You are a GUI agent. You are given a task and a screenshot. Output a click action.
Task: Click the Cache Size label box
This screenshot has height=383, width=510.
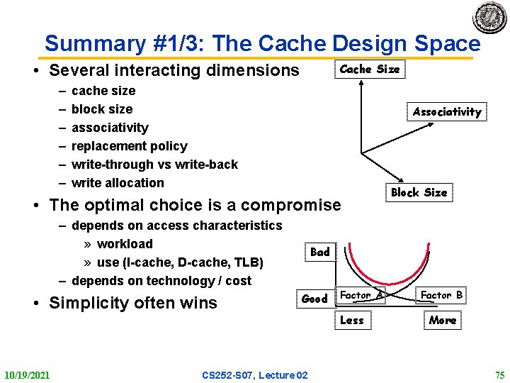[x=369, y=70]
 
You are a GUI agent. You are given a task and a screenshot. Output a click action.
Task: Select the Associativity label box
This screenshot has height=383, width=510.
[x=446, y=111]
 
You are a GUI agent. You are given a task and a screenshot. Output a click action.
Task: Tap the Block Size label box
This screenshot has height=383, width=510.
[x=419, y=192]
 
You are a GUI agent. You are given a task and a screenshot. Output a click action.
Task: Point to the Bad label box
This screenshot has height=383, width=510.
[x=320, y=252]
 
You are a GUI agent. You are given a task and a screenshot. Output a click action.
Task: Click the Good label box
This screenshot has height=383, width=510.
[x=314, y=299]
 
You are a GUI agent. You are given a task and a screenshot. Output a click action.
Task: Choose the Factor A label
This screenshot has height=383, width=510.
[x=361, y=295]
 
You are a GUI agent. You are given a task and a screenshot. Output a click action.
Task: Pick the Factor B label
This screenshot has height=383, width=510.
[x=441, y=295]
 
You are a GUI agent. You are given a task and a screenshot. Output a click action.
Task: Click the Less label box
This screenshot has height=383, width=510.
[x=351, y=320]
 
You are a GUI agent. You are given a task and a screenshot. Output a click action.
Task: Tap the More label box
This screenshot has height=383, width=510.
[x=442, y=320]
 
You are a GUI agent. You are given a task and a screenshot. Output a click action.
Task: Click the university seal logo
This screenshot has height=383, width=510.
[x=489, y=18]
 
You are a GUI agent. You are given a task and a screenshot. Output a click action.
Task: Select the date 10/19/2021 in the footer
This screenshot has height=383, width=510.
[x=27, y=374]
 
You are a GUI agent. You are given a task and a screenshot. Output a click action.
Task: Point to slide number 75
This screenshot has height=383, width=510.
[x=499, y=374]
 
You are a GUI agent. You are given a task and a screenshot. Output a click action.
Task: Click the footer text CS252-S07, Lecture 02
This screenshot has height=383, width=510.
[x=254, y=374]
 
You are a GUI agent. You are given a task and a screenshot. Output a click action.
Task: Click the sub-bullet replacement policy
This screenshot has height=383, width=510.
[x=130, y=146]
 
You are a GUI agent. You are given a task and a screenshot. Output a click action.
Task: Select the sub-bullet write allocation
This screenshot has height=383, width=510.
[x=118, y=183]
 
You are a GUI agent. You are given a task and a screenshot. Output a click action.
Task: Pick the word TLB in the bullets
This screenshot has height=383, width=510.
[x=248, y=262]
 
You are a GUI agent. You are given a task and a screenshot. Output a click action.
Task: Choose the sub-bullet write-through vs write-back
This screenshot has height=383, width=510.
[x=154, y=165]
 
